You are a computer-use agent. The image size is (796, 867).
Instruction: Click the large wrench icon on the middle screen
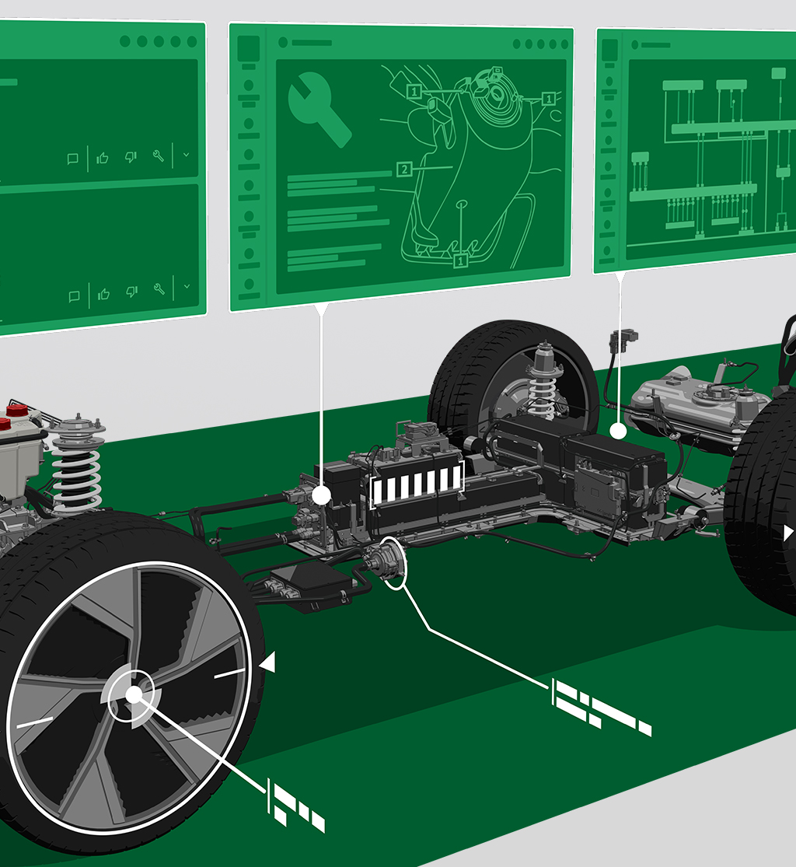318,109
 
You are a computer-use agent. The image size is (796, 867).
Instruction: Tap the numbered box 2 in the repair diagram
404,170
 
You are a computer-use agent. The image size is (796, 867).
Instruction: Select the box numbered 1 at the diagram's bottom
460,260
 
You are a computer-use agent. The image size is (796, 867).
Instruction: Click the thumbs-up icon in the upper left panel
103,159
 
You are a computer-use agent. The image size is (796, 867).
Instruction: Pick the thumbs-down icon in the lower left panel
131,292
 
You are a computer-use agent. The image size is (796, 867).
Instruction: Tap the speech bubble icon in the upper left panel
72,159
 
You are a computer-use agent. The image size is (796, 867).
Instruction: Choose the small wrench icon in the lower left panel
160,288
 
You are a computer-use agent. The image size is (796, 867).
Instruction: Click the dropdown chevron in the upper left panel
187,155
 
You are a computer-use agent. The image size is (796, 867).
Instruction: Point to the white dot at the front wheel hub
134,694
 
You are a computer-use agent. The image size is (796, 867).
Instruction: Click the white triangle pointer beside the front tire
268,662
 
